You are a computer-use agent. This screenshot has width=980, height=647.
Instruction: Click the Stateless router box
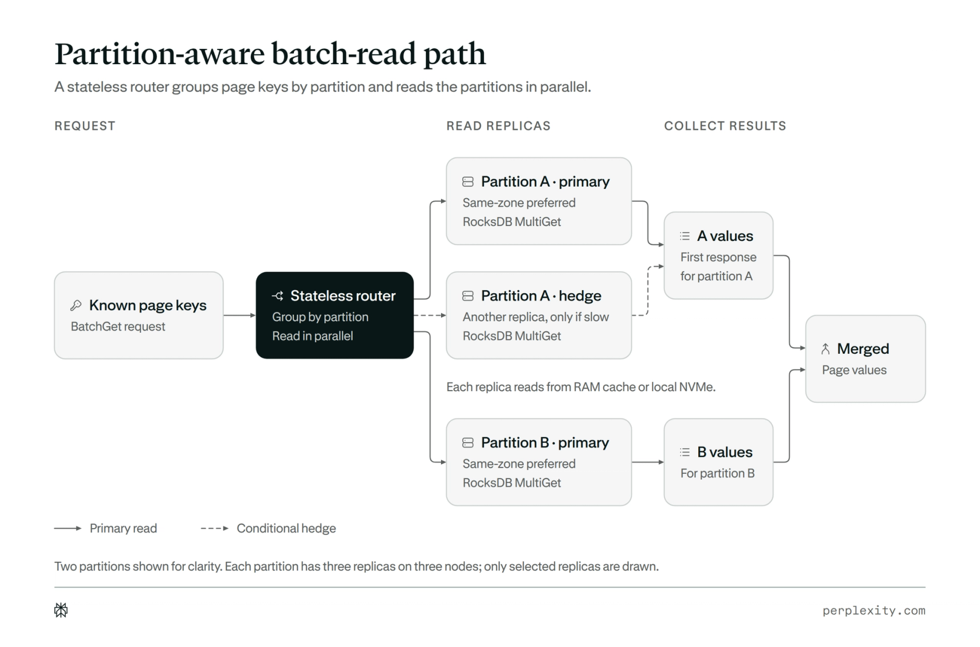point(335,315)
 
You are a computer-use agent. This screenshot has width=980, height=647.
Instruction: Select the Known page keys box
point(139,315)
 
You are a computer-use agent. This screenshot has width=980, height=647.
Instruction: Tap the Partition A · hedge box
point(538,315)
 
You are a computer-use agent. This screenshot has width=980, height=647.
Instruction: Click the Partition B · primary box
point(538,462)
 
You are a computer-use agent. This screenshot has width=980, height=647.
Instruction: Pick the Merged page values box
point(866,359)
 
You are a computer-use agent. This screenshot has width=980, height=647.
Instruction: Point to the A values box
point(719,256)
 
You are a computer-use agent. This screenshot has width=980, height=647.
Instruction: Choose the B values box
point(719,462)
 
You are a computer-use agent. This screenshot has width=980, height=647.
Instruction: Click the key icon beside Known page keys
point(76,305)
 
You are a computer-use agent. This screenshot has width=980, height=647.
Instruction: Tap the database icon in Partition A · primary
point(468,181)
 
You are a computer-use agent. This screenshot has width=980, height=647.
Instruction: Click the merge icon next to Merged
point(825,349)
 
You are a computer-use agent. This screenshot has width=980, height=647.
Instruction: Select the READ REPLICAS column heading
point(498,126)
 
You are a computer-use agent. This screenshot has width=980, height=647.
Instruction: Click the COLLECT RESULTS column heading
point(725,126)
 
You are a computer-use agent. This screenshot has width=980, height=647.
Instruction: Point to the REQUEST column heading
point(85,126)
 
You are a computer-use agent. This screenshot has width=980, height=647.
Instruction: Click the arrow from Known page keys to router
point(239,315)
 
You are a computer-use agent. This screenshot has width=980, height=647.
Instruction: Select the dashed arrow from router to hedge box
point(430,315)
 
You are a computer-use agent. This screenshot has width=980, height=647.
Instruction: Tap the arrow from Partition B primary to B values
point(648,462)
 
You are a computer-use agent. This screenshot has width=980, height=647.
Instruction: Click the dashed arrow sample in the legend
point(215,529)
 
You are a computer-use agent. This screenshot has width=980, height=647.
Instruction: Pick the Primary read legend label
point(124,529)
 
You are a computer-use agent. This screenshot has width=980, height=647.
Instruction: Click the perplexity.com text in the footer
point(874,610)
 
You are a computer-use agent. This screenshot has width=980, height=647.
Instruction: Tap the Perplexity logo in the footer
point(61,610)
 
